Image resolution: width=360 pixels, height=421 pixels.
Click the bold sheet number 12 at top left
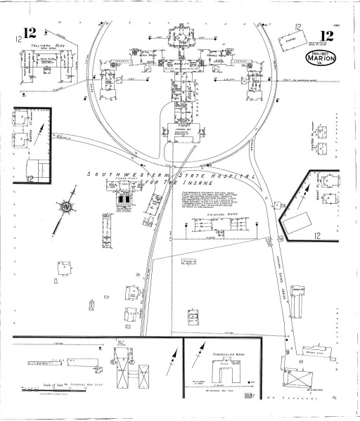[30, 33]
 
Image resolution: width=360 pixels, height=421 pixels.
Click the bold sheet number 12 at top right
[327, 37]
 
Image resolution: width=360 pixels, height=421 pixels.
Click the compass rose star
[67, 208]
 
